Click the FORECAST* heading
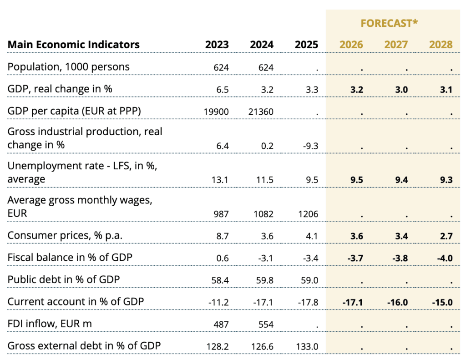[389, 23]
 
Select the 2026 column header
[351, 45]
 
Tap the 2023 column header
[217, 45]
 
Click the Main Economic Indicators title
[74, 45]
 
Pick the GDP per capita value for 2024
[261, 112]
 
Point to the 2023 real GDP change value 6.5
[223, 90]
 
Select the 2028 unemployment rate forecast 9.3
[446, 180]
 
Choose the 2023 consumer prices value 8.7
[223, 236]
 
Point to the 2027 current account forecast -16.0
[397, 303]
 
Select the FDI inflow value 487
[221, 325]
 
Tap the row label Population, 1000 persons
[69, 67]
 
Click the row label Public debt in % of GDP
[64, 279]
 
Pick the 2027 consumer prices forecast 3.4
[401, 236]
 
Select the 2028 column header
[441, 45]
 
